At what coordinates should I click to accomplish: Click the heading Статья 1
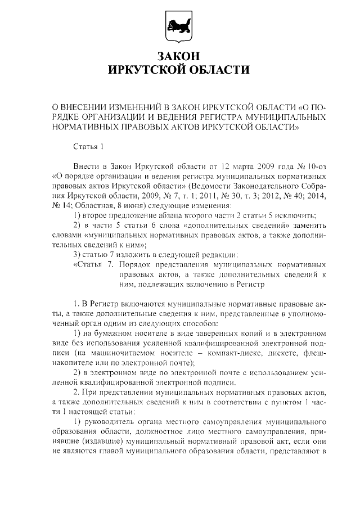tap(89, 147)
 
